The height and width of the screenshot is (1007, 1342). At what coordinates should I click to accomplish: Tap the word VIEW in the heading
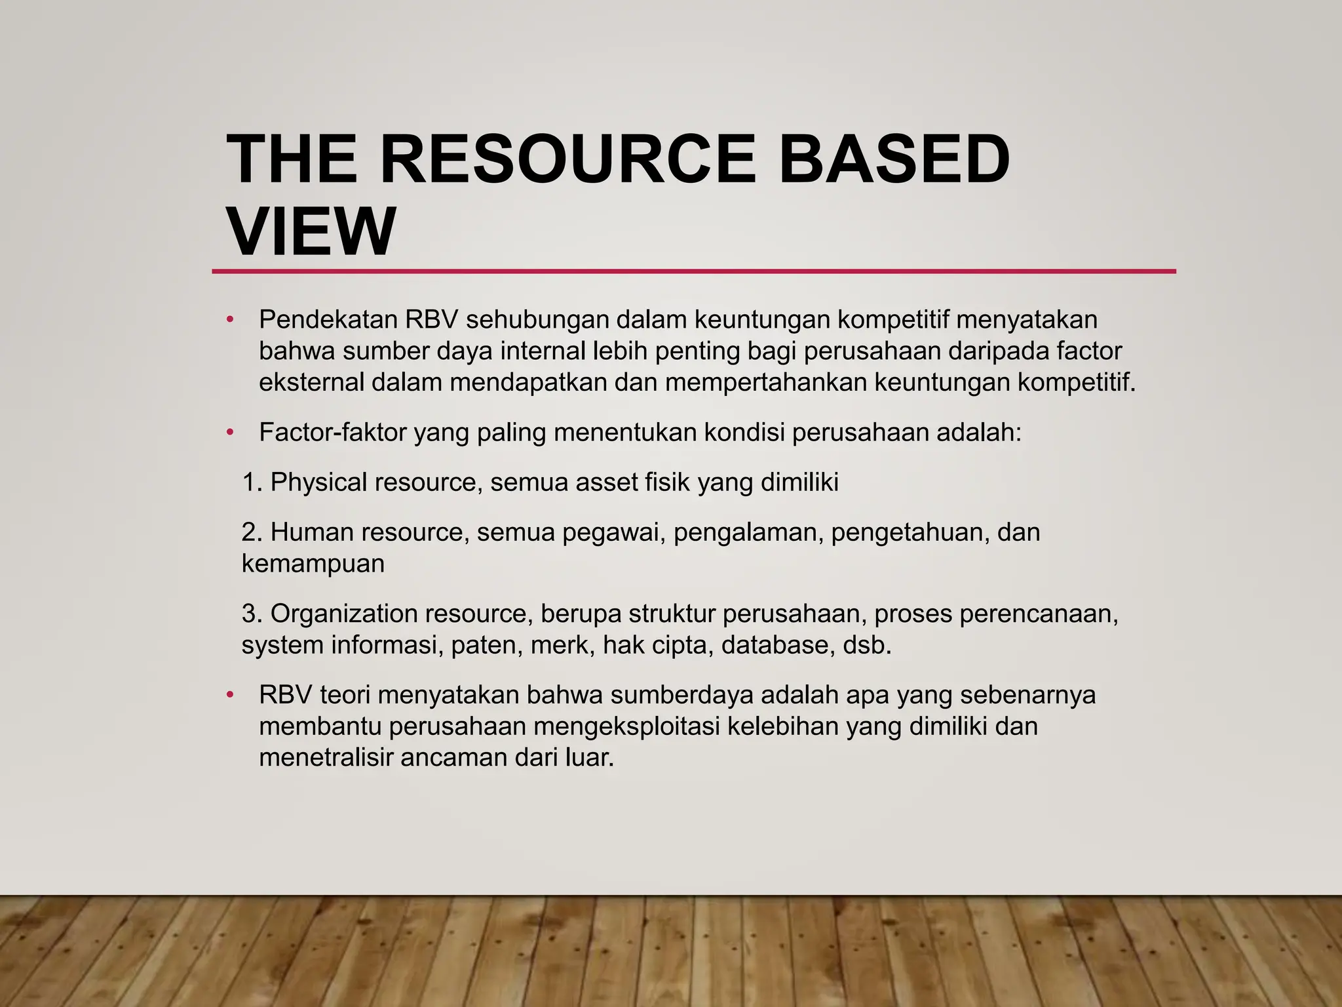click(x=311, y=232)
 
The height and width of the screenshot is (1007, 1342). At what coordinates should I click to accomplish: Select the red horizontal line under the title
click(x=693, y=271)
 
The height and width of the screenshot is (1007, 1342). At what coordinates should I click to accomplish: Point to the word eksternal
click(x=311, y=382)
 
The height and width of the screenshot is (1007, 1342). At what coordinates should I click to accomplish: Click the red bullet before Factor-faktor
click(x=229, y=433)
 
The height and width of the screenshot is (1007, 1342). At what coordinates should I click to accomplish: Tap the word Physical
click(x=318, y=483)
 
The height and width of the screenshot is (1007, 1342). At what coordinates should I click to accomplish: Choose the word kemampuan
click(x=313, y=564)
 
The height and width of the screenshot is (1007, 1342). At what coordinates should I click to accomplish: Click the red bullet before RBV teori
click(x=229, y=695)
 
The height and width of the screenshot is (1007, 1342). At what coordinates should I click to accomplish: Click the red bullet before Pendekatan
click(x=229, y=320)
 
